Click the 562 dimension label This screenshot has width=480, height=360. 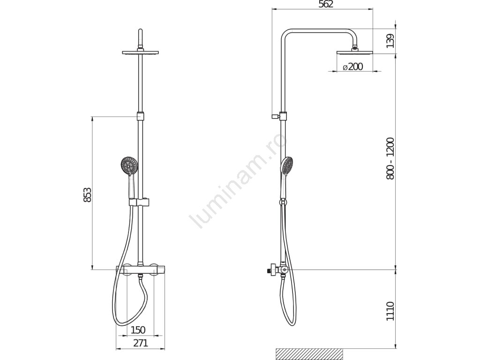point(325,4)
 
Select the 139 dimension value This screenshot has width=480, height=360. point(390,41)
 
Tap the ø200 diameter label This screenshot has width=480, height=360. point(352,67)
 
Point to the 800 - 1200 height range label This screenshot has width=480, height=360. point(390,158)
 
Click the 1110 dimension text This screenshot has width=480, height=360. point(390,311)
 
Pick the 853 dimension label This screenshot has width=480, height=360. point(87,195)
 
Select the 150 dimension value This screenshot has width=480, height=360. point(138,330)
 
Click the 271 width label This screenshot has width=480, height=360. point(141,343)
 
